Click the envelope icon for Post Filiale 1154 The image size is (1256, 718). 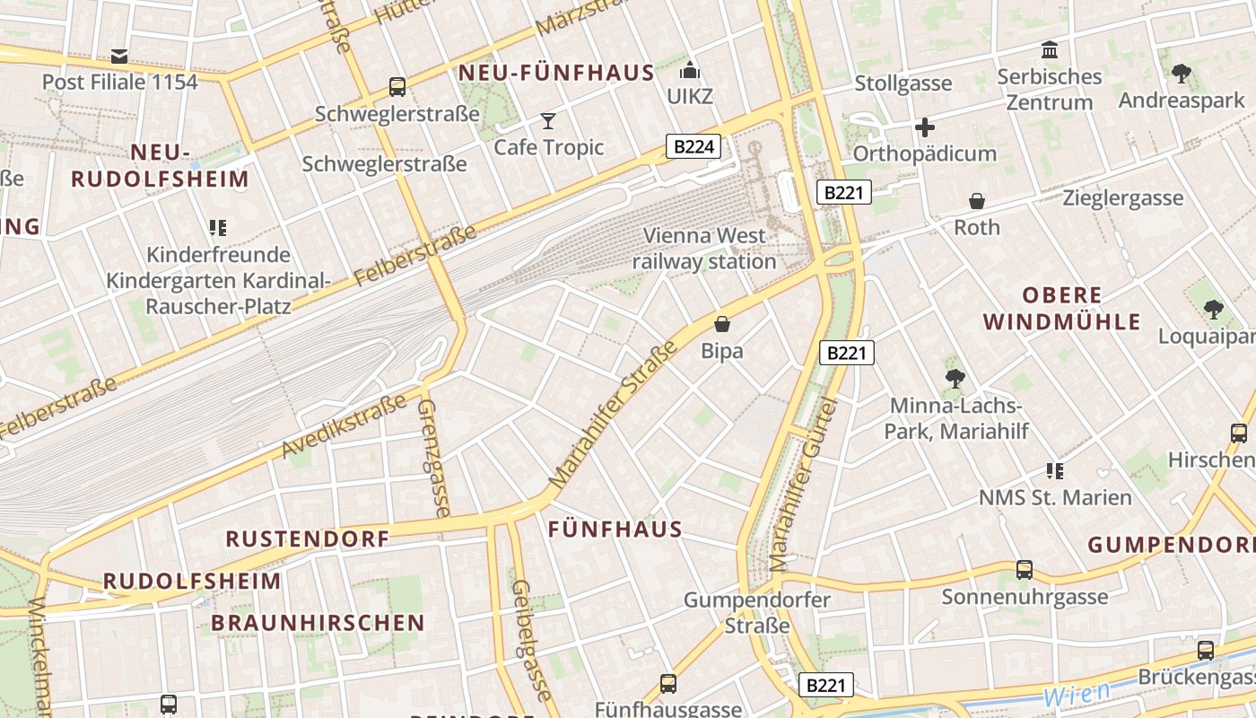(119, 57)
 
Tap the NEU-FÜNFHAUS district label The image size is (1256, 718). (556, 74)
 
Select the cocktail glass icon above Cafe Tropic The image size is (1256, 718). (548, 121)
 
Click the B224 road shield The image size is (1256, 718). (693, 146)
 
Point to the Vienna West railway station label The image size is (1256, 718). (704, 249)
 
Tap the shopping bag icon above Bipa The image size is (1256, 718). (722, 324)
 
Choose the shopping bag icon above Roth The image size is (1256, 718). (977, 201)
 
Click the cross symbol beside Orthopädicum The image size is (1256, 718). (925, 127)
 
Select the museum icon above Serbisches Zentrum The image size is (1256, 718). (1050, 49)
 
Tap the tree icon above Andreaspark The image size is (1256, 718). (1182, 73)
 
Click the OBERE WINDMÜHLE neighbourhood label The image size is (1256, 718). (1062, 308)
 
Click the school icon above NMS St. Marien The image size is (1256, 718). (1055, 470)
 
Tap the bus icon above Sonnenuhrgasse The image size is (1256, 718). (1024, 570)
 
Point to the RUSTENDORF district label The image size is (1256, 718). (307, 539)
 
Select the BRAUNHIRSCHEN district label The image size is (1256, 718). (318, 623)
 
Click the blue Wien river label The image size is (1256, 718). (1076, 694)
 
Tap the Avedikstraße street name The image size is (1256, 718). (345, 425)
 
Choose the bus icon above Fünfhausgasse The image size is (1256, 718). (668, 684)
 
